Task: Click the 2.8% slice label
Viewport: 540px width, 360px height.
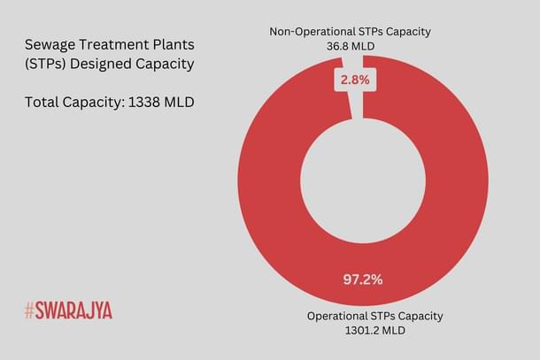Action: click(x=351, y=80)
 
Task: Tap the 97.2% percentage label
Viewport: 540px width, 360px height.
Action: click(x=363, y=280)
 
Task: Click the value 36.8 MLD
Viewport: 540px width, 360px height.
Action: click(x=351, y=46)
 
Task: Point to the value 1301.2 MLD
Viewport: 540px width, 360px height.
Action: click(x=374, y=331)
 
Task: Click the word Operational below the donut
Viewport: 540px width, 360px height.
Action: click(x=338, y=316)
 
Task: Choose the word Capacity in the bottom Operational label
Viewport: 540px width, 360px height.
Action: click(x=417, y=316)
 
